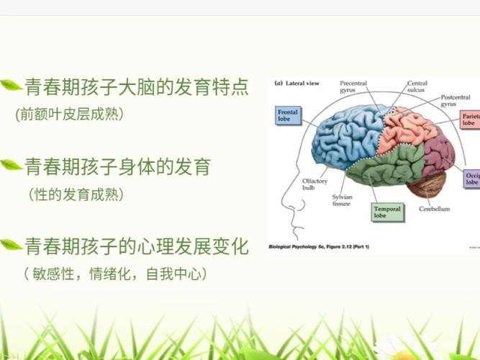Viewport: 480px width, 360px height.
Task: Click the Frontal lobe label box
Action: click(288, 115)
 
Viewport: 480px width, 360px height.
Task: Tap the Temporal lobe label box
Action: click(387, 212)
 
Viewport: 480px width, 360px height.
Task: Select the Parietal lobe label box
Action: click(470, 120)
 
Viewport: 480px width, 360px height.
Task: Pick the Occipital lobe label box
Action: click(472, 179)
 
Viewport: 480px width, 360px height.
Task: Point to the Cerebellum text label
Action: click(435, 209)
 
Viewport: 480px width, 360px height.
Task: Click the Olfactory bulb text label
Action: click(314, 184)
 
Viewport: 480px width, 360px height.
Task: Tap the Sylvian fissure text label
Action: click(343, 200)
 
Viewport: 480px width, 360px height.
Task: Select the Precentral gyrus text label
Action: click(353, 86)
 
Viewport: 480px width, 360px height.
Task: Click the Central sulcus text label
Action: click(417, 86)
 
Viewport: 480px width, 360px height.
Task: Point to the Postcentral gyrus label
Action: click(456, 101)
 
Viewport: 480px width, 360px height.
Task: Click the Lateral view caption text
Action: click(297, 83)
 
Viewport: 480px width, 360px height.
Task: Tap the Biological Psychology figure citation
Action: click(319, 247)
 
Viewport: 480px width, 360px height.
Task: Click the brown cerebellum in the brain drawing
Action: click(427, 185)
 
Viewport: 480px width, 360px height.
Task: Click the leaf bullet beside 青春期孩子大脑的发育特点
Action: click(11, 85)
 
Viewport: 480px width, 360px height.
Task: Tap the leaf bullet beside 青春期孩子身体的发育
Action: click(11, 165)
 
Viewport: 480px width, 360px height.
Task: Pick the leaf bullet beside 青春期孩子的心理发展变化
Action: click(11, 244)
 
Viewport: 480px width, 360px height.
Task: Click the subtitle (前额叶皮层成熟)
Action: click(70, 114)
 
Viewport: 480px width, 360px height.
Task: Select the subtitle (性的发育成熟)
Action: click(76, 194)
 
